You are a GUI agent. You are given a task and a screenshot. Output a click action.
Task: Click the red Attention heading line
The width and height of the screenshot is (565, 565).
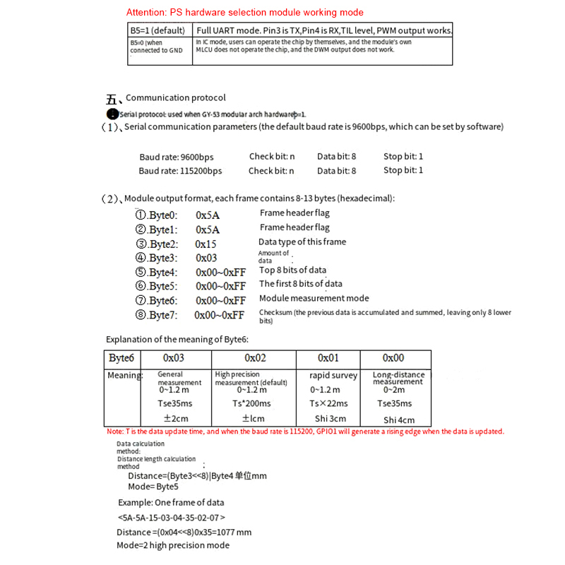244,13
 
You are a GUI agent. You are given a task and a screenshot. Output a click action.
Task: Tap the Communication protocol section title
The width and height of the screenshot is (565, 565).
176,98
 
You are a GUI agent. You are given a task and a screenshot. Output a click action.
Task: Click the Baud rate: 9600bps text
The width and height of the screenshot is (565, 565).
177,157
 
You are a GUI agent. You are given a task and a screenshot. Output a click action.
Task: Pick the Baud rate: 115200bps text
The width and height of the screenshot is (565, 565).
180,171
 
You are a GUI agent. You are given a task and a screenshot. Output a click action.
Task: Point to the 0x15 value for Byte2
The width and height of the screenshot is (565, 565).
206,244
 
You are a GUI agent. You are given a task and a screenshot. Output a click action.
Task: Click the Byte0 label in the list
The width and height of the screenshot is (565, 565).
157,215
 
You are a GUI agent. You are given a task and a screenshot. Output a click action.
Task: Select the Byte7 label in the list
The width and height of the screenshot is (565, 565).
157,315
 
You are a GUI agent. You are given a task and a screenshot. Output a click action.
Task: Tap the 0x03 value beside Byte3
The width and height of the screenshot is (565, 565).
206,258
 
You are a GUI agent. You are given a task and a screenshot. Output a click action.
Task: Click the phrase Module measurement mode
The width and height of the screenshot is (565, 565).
314,299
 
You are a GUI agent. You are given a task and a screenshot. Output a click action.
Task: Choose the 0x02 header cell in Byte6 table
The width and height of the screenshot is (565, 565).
255,359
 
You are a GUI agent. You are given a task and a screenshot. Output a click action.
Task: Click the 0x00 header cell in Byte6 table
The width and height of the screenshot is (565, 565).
393,359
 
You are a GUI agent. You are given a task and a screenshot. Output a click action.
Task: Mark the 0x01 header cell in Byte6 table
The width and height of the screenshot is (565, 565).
328,359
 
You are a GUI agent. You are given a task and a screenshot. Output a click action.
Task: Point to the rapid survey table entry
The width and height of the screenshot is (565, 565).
333,376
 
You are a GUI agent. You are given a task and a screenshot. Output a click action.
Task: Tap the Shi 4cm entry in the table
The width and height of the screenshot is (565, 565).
399,420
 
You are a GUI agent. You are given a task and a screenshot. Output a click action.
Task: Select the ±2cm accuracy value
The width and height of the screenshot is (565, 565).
174,418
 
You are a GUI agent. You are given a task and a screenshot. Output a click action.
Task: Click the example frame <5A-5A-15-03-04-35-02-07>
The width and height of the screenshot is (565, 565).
172,518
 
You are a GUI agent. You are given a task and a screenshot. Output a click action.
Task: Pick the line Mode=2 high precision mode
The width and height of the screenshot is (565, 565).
173,545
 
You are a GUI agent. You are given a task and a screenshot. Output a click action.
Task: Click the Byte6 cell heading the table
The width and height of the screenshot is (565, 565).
121,359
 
